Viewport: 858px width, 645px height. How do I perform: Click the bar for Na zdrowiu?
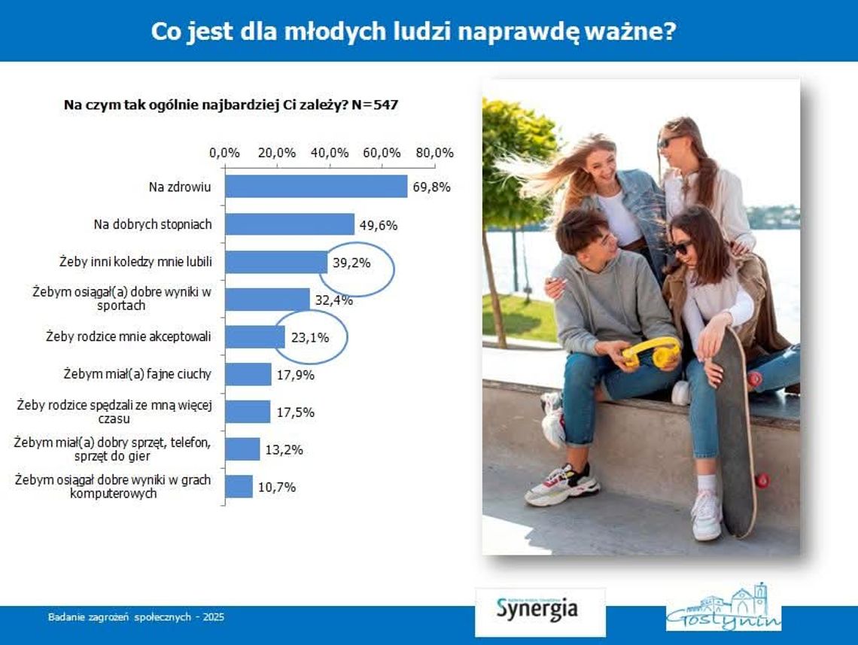316,187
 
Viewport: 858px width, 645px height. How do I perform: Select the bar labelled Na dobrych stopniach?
290,224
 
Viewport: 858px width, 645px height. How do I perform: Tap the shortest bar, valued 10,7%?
239,486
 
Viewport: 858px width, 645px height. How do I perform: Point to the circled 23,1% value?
309,337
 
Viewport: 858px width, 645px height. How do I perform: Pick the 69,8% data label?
431,187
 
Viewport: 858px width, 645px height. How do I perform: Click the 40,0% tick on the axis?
330,153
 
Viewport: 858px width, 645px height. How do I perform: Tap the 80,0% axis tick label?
435,153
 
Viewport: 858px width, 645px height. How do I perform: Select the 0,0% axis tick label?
224,153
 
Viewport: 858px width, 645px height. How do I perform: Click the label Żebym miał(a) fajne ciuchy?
137,374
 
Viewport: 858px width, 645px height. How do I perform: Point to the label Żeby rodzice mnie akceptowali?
129,336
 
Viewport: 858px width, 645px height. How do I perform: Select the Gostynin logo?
723,608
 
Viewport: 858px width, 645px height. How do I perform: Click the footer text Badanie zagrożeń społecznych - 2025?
136,617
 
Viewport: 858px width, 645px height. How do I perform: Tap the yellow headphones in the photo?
651,351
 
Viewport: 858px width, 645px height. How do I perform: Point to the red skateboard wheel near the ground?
762,479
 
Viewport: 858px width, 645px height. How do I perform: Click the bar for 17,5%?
248,412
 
